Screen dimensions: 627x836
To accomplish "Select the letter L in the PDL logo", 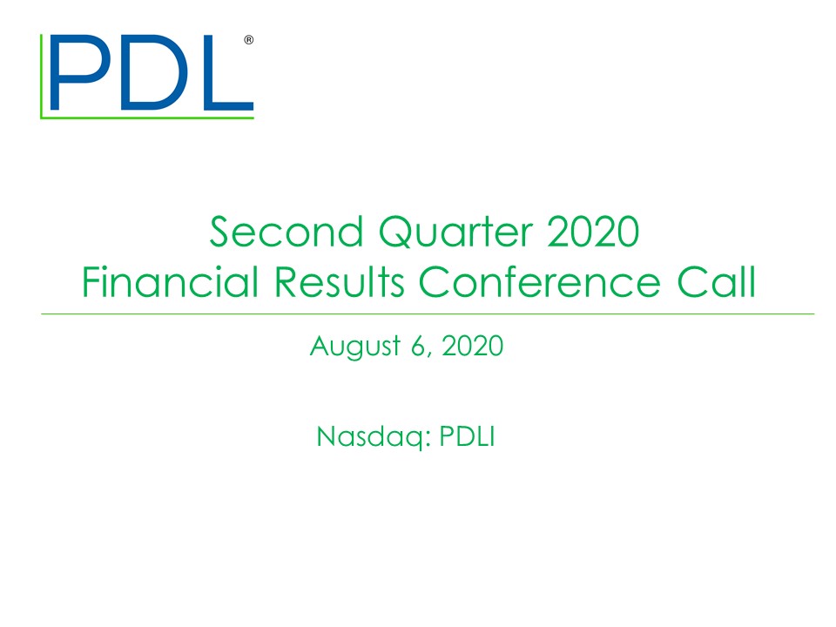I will pos(218,73).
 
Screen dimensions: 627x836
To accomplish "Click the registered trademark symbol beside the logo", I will pos(249,41).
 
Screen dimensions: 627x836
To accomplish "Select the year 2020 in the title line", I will pos(600,233).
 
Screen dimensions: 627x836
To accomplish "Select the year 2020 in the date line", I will pos(473,346).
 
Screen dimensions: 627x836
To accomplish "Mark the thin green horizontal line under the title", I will pos(428,313).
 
